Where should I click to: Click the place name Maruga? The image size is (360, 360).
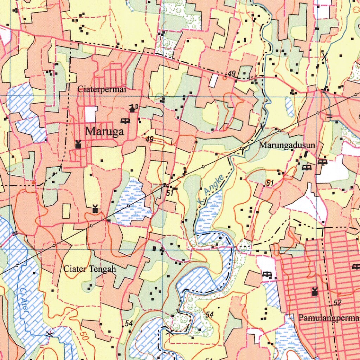pyautogui.click(x=104, y=132)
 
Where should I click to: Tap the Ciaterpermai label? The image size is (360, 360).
pyautogui.click(x=102, y=89)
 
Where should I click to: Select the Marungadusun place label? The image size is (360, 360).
pyautogui.click(x=287, y=146)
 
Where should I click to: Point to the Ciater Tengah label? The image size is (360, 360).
pyautogui.click(x=90, y=269)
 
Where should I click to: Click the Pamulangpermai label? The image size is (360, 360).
pyautogui.click(x=329, y=318)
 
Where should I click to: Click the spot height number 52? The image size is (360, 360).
pyautogui.click(x=338, y=303)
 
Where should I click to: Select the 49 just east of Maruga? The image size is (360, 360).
pyautogui.click(x=150, y=140)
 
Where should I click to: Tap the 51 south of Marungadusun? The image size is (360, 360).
pyautogui.click(x=270, y=183)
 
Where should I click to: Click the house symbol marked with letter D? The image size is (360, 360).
pyautogui.click(x=133, y=108)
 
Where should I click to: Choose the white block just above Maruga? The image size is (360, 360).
pyautogui.click(x=91, y=114)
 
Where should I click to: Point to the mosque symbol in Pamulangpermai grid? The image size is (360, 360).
pyautogui.click(x=315, y=291)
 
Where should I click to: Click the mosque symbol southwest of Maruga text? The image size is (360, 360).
pyautogui.click(x=78, y=144)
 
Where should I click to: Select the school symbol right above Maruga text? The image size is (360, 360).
pyautogui.click(x=125, y=121)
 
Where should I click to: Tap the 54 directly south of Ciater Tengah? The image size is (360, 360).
pyautogui.click(x=129, y=323)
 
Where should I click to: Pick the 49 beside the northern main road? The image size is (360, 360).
pyautogui.click(x=231, y=73)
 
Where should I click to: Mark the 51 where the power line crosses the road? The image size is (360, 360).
pyautogui.click(x=170, y=193)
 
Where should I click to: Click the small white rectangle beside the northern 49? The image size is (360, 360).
pyautogui.click(x=213, y=81)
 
